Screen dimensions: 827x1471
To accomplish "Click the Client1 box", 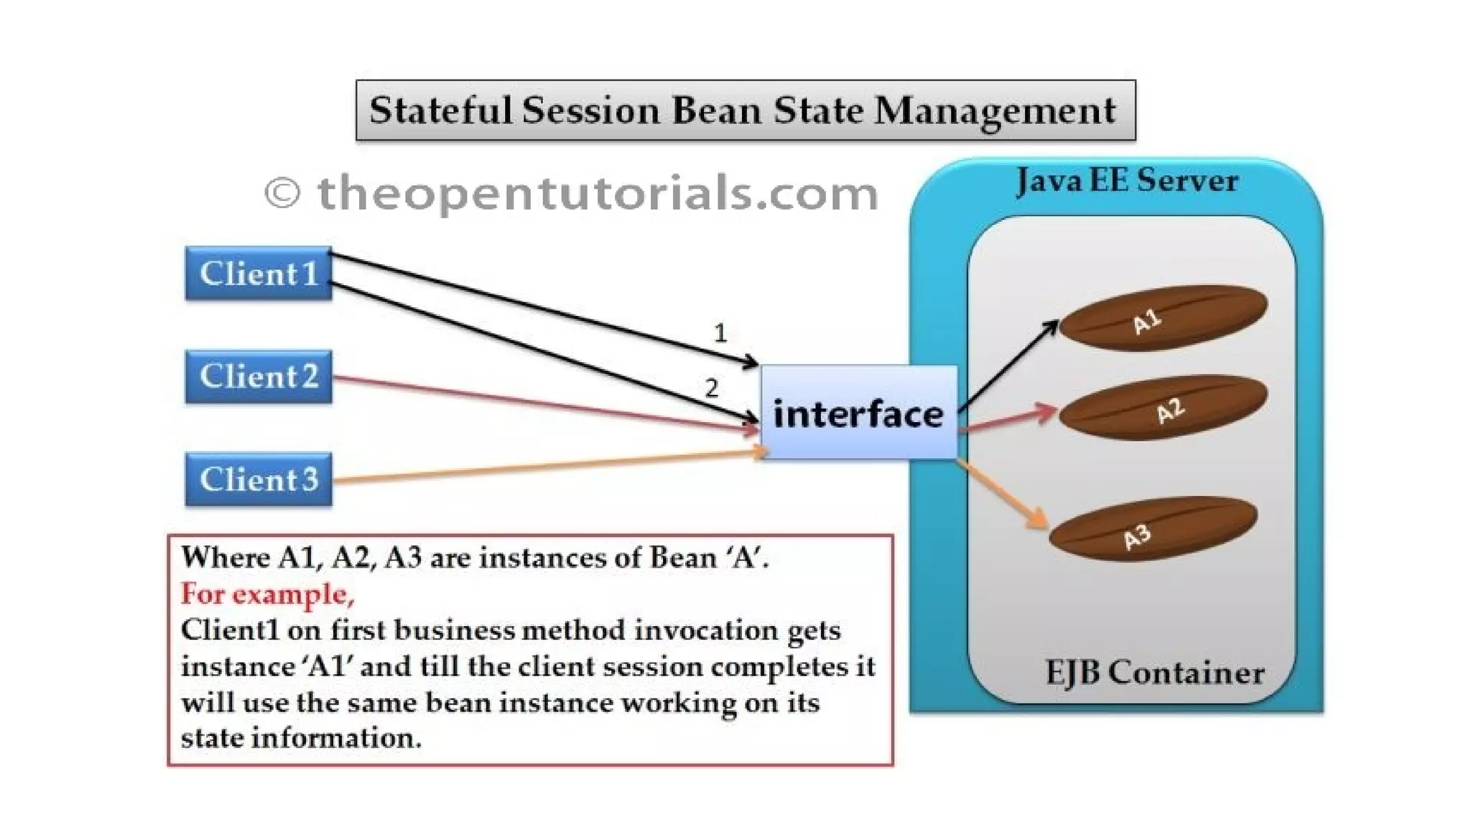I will point(259,274).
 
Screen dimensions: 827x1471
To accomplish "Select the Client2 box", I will point(259,376).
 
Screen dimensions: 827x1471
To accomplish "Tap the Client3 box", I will point(259,480).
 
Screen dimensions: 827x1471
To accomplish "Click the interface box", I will point(858,413).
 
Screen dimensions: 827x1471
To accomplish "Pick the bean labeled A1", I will point(1164,317).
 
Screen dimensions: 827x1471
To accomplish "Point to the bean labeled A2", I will point(1164,408).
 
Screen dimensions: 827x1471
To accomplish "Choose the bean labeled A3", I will point(1154,530).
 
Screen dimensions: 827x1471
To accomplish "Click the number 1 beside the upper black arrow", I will point(720,333).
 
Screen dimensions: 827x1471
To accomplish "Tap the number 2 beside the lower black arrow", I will point(711,388).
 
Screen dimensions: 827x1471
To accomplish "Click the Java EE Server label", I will point(1127,180).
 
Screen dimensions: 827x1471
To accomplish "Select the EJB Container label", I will point(1154,673).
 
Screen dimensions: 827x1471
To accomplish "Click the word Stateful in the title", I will point(441,111).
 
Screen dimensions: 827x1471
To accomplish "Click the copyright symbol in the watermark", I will point(282,193).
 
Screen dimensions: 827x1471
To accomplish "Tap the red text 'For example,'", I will point(267,594).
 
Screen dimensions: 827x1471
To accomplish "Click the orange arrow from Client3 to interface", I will point(546,467).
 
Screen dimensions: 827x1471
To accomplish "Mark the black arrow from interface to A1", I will point(1009,366).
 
